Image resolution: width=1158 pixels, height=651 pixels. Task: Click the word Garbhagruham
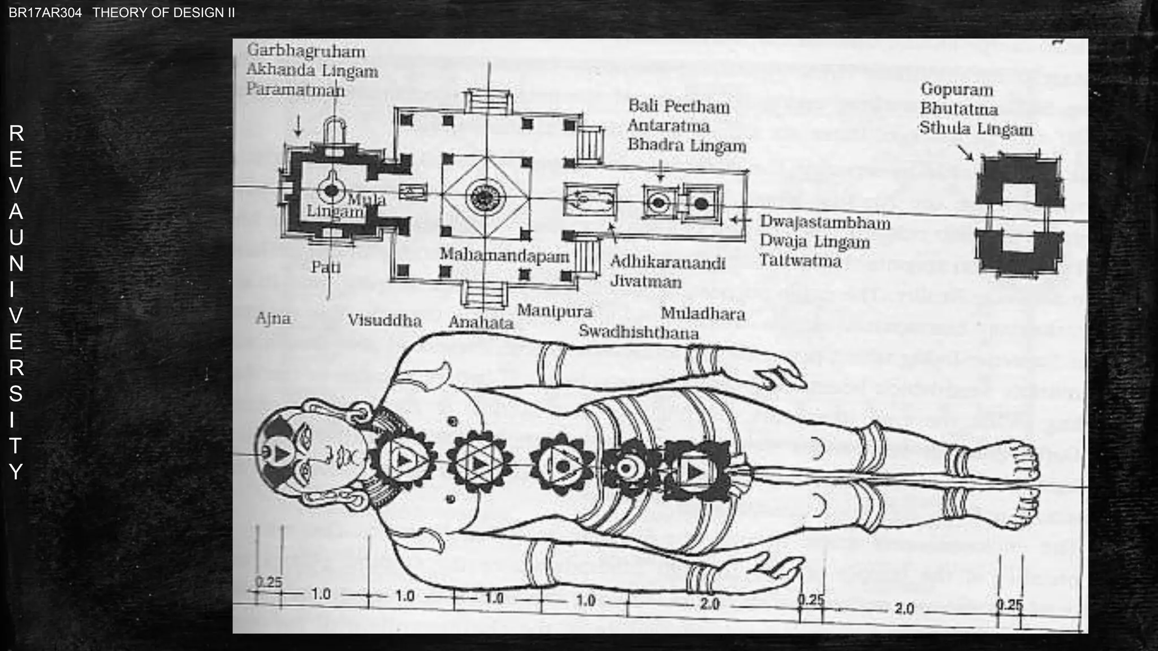(306, 51)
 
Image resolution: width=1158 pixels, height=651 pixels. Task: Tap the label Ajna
(273, 319)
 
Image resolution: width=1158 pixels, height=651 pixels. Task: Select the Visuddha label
(384, 321)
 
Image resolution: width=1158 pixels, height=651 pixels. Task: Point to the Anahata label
(481, 323)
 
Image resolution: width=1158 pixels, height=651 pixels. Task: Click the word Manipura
(555, 311)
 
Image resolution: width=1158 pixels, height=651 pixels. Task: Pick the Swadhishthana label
(638, 332)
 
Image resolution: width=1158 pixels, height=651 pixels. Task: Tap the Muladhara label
(703, 314)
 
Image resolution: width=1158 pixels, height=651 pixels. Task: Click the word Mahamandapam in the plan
(504, 256)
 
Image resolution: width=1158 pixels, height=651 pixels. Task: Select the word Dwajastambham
(825, 223)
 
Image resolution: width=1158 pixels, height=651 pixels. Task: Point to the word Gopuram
(957, 89)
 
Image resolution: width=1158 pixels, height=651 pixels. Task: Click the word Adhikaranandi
(668, 263)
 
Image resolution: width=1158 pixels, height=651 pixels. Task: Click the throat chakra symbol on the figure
(403, 459)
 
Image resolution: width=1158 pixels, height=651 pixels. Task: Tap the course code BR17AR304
(45, 13)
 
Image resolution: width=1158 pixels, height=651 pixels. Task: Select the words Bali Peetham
(679, 106)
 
